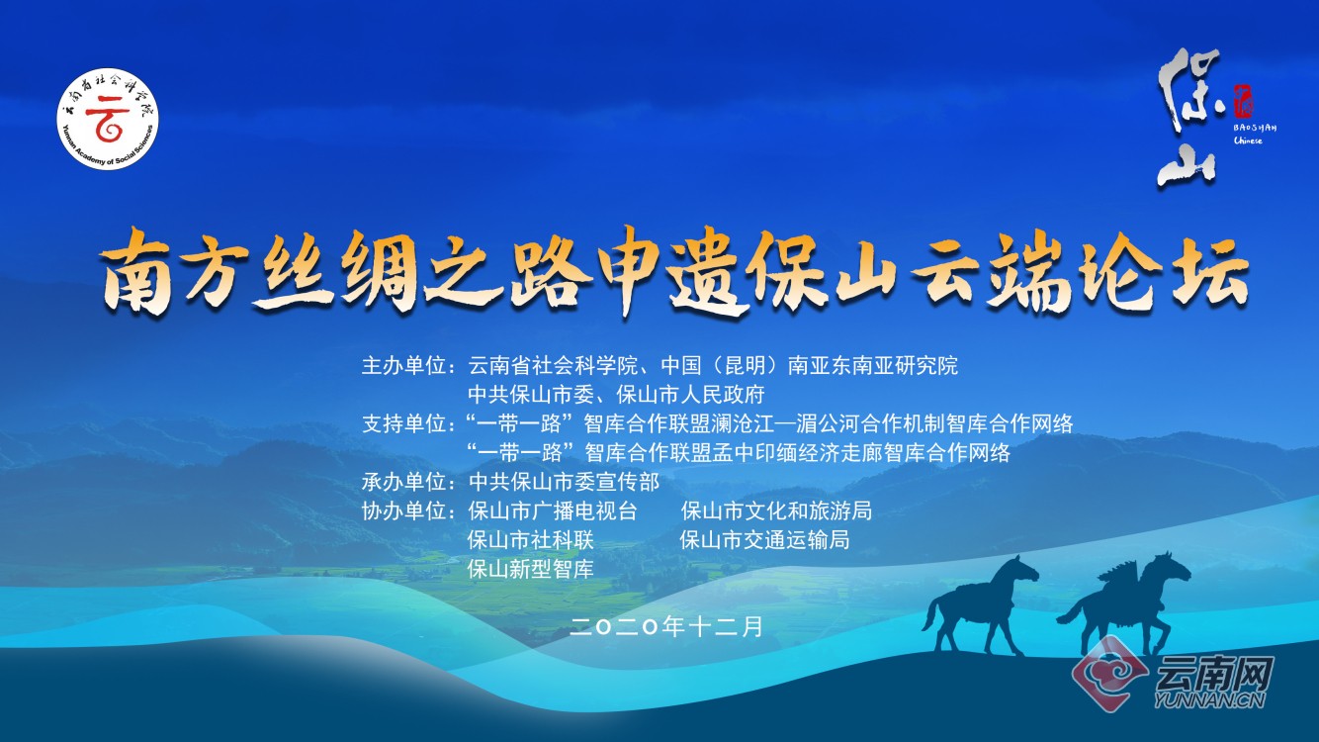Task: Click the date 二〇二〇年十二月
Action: (x=667, y=626)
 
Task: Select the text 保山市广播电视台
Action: (x=553, y=511)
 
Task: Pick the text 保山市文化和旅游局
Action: (x=776, y=511)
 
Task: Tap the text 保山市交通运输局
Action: (x=765, y=540)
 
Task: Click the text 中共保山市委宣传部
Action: (x=564, y=483)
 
